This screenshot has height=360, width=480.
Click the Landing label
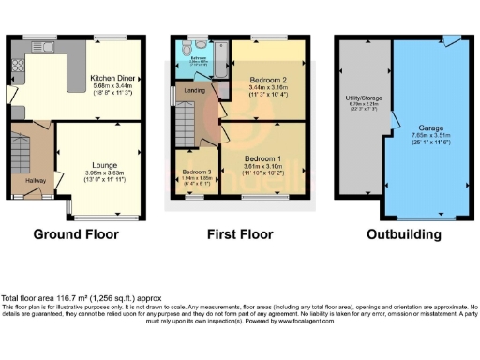tap(196, 90)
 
